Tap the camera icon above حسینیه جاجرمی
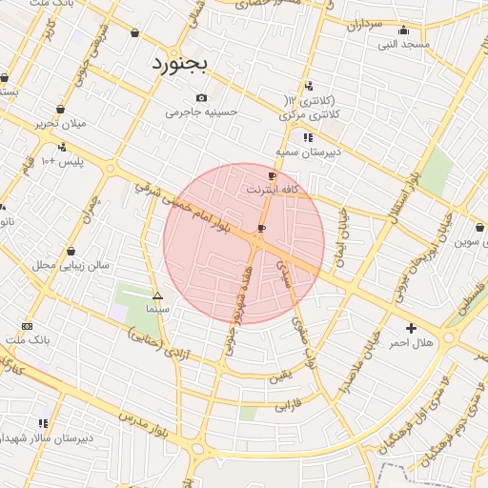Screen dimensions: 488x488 click(x=200, y=98)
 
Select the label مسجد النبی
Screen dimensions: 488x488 click(x=403, y=44)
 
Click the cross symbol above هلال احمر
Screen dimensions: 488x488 click(x=411, y=327)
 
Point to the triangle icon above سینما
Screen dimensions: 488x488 click(x=157, y=295)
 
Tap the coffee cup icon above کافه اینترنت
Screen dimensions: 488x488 click(x=273, y=175)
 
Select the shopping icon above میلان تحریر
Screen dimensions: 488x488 click(x=60, y=109)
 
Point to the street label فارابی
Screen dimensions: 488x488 click(x=288, y=406)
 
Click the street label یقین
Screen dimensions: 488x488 click(x=277, y=377)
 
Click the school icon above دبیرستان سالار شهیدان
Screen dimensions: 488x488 click(x=43, y=422)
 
